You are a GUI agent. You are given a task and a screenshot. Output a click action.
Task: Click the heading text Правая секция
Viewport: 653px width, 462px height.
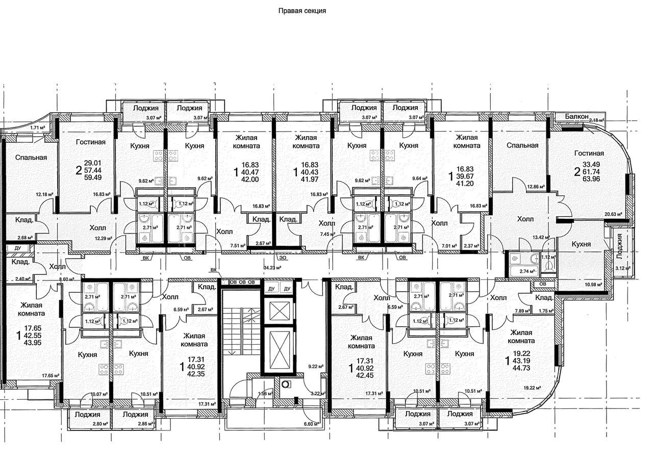302,11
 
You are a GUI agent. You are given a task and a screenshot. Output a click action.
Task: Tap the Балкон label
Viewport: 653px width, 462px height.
576,116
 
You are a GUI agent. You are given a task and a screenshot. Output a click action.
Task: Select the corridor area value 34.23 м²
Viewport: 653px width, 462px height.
272,267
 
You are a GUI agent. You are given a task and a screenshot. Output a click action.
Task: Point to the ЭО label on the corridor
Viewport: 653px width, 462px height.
282,258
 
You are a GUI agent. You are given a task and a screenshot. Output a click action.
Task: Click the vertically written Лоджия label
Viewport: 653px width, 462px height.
619,246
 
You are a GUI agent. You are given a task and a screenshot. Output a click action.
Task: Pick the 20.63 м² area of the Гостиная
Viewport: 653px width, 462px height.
613,214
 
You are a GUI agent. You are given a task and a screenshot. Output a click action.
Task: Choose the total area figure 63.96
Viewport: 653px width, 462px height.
591,179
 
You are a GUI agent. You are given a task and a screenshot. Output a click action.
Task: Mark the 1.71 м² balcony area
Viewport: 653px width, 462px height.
38,127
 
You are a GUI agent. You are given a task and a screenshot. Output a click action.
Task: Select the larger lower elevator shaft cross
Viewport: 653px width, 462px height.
277,350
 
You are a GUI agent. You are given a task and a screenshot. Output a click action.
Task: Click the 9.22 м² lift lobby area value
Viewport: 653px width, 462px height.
316,366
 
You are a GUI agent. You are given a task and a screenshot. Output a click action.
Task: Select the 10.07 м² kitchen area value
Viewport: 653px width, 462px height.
99,394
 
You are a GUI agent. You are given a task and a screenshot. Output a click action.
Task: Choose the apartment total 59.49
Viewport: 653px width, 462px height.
92,177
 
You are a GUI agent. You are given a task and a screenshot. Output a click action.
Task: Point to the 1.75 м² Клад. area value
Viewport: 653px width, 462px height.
546,311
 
